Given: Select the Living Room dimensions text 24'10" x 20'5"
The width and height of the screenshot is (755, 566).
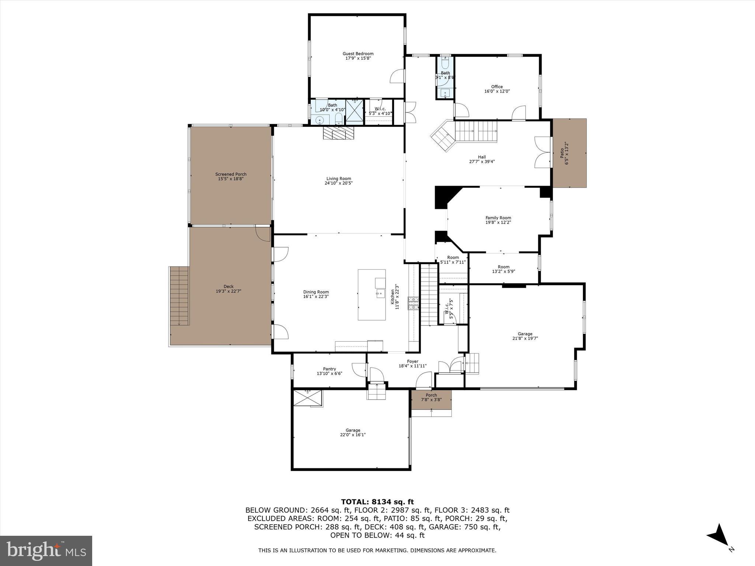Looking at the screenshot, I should coord(338,183).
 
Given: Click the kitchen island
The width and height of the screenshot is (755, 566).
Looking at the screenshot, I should coord(371,294).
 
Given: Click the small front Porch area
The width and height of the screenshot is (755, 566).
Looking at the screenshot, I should coord(431,400).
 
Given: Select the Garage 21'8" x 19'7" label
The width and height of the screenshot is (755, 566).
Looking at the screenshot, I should coord(525,336).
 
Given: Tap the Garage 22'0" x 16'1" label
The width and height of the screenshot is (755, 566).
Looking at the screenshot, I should coord(353,432).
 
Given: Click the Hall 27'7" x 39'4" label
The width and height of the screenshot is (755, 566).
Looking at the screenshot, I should coord(481,159).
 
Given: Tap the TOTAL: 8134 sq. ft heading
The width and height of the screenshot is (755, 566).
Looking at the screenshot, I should coord(377,502).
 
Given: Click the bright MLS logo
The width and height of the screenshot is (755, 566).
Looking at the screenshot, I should coord(46,551).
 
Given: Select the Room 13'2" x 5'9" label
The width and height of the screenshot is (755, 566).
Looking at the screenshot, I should coord(503,269).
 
